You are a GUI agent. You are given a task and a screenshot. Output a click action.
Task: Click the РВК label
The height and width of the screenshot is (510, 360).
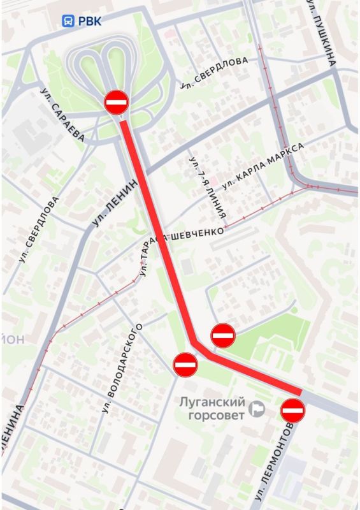tap(90, 20)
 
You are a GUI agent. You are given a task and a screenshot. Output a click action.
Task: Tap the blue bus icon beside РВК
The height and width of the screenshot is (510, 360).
tap(68, 21)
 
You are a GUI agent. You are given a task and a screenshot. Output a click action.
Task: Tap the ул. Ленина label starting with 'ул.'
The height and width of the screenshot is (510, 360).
tap(115, 203)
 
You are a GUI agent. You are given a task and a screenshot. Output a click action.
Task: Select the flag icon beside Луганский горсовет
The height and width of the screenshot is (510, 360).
tap(258, 409)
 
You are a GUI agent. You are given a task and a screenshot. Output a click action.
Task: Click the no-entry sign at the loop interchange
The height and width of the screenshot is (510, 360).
tap(117, 102)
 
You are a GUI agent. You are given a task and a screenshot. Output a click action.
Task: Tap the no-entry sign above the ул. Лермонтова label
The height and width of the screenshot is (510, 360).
tap(293, 410)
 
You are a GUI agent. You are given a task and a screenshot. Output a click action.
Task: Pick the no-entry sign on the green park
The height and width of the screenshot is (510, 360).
tap(223, 335)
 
